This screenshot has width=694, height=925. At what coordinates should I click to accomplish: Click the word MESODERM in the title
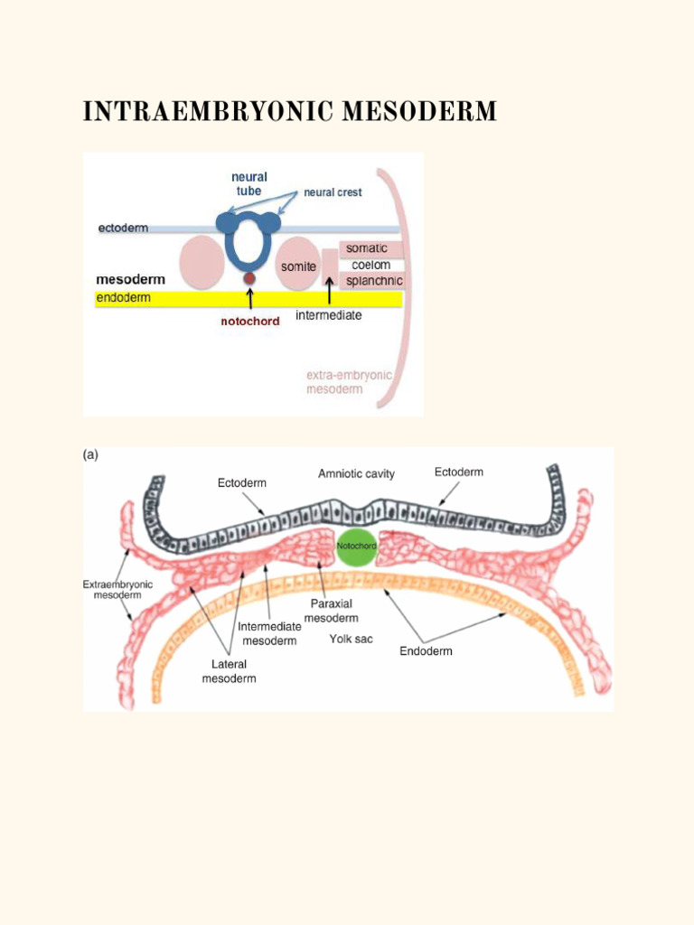coord(419,111)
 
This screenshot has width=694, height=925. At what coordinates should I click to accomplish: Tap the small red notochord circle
coord(249,278)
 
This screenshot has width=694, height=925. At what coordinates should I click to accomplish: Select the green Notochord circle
coord(356,547)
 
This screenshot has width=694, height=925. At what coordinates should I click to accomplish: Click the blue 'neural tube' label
coord(249,184)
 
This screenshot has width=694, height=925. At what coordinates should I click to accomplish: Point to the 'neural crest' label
coord(333,192)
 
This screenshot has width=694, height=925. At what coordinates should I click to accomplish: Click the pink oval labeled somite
coord(298,263)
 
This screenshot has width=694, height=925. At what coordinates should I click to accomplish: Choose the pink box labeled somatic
coord(371,249)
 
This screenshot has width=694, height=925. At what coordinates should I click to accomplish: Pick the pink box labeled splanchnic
coord(371,281)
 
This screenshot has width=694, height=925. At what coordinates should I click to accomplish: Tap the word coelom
coord(371,265)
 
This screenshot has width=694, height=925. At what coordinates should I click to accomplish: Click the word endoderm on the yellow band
coord(123,298)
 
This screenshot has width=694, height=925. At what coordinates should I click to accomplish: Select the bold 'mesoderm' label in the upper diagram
coord(130,279)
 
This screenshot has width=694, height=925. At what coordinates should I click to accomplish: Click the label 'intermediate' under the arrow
coord(329,315)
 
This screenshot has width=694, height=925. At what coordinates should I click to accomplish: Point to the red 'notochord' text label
coord(250,322)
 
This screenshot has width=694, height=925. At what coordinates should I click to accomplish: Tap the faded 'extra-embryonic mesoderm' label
coord(349,382)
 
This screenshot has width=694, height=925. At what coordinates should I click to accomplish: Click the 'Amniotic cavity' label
coord(356,473)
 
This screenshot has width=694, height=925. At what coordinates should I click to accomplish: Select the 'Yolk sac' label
coord(352,639)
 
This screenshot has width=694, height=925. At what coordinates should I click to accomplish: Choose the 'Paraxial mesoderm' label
coord(332,612)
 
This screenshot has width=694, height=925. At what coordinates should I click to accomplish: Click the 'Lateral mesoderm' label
coord(229,671)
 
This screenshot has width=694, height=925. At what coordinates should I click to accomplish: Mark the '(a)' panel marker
coord(91,455)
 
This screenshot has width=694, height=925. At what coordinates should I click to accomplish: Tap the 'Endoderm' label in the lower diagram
coord(427,651)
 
